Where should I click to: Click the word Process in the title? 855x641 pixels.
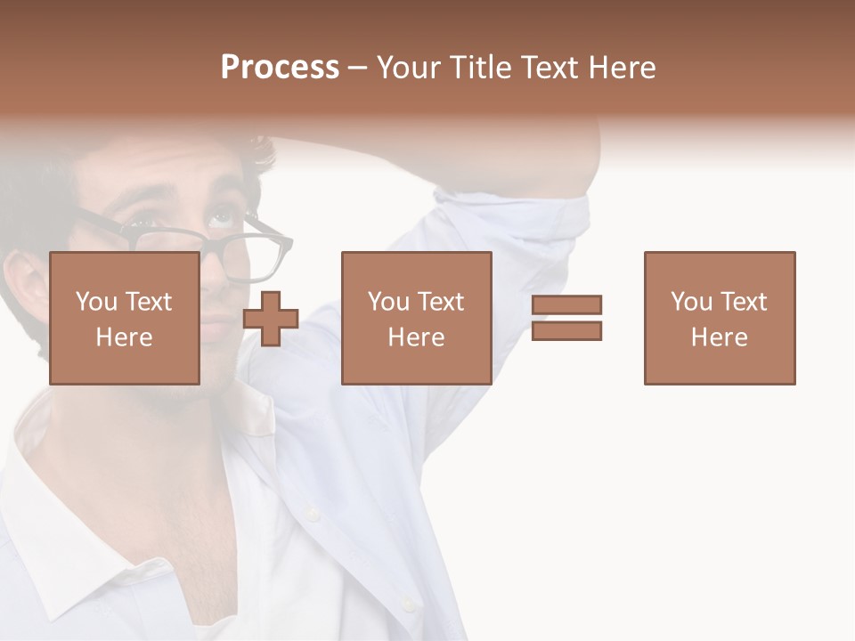tap(280, 68)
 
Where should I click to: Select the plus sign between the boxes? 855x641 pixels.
tap(271, 319)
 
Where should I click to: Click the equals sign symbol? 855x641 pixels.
tap(566, 318)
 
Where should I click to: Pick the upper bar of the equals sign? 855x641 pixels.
tap(566, 305)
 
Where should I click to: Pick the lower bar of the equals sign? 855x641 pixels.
tap(566, 330)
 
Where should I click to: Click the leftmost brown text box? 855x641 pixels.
tap(124, 318)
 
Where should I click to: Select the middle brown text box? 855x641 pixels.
tap(416, 318)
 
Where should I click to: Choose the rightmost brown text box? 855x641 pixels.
tap(719, 318)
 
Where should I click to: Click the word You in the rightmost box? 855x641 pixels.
tap(691, 302)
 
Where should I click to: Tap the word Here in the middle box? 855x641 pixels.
tap(416, 337)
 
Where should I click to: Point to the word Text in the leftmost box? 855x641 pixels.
tap(148, 302)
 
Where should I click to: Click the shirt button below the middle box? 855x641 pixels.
tap(312, 514)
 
